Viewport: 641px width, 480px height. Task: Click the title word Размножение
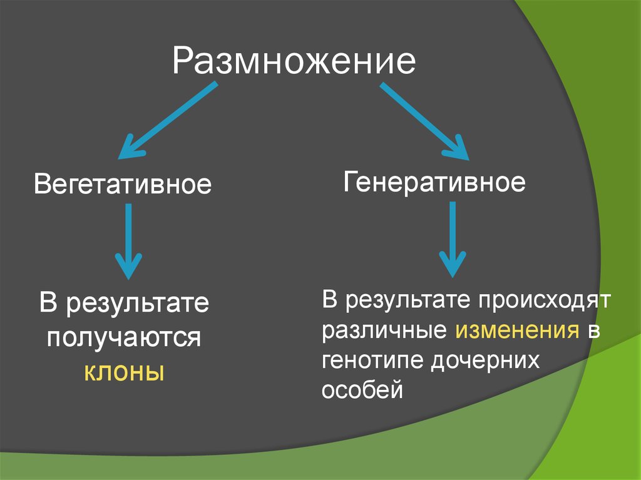tap(294, 61)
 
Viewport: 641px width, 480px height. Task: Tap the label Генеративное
tap(434, 183)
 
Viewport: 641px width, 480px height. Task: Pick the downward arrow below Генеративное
tap(451, 238)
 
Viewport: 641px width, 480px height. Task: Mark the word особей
tap(361, 391)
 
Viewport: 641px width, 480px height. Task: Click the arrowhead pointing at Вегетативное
tap(130, 148)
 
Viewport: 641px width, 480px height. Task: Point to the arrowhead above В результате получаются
tap(129, 266)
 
